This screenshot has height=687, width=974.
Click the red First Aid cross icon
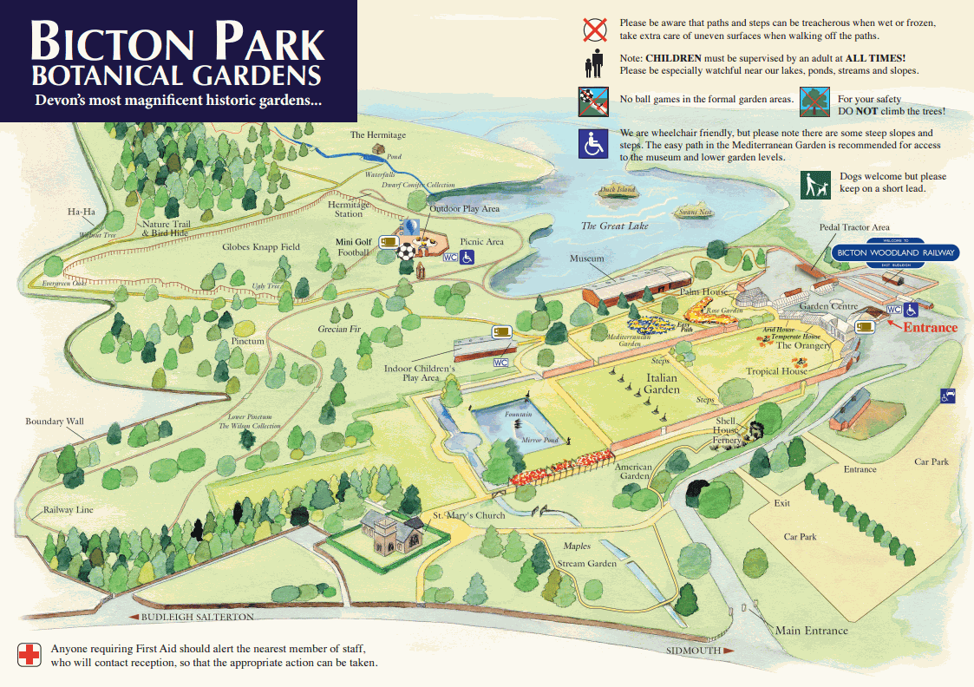tap(29, 655)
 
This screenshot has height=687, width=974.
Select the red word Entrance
tap(930, 327)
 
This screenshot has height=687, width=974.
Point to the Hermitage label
tap(377, 135)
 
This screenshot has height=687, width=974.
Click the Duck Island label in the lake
tap(618, 189)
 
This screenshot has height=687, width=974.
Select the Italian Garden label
tap(661, 383)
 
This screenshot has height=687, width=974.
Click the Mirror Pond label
tap(539, 440)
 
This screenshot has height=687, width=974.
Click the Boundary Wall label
tap(55, 422)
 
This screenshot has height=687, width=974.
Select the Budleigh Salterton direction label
tap(193, 617)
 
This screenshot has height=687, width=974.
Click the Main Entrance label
tap(811, 631)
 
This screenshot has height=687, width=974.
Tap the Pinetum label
tap(248, 342)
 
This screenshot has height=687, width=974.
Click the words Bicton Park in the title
tap(177, 41)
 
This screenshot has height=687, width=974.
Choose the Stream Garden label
tap(587, 564)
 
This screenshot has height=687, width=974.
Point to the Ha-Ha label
tap(81, 212)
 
